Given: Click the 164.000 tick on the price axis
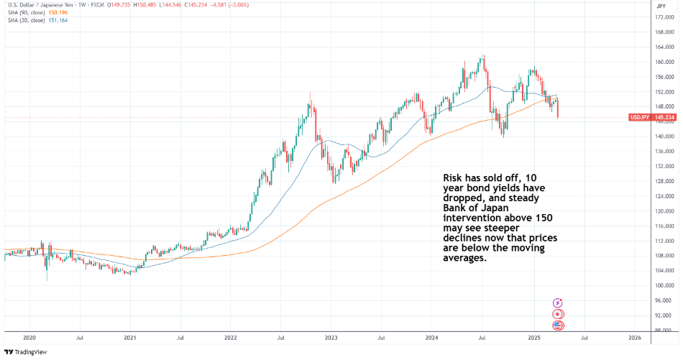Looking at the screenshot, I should click(664, 47).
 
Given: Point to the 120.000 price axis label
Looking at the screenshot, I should click(664, 211).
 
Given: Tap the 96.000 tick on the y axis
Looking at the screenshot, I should click(663, 300).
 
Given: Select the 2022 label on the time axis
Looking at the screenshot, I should click(231, 337).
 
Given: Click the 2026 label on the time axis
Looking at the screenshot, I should click(635, 337).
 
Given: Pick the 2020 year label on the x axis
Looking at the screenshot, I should click(29, 337).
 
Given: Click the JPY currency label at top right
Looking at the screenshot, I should click(661, 6).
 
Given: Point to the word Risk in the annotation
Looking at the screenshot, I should click(451, 177).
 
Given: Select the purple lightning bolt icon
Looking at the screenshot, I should click(557, 303).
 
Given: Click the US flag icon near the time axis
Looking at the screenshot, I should click(557, 326).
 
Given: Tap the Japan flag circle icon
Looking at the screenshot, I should click(557, 315).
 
